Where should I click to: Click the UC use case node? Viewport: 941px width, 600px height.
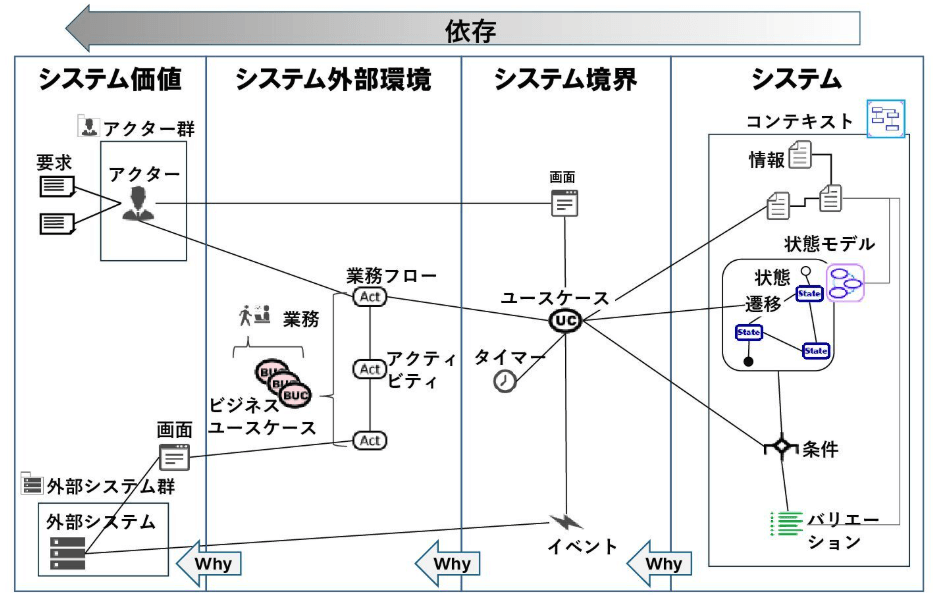(x=566, y=320)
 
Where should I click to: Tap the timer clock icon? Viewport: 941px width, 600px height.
(x=507, y=381)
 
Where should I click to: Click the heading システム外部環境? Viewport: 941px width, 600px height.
(x=333, y=80)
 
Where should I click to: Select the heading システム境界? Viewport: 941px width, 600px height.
(x=565, y=80)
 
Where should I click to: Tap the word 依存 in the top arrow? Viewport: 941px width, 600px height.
(x=470, y=30)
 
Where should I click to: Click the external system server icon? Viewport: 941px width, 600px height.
(x=68, y=552)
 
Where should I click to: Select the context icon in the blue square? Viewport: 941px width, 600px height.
(x=885, y=119)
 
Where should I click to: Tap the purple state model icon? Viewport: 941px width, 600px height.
(x=845, y=283)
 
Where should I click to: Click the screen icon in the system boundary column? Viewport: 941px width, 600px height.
(x=565, y=203)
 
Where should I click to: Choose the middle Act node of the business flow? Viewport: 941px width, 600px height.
(x=369, y=369)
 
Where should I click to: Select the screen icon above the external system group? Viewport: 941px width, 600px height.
(x=174, y=457)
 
